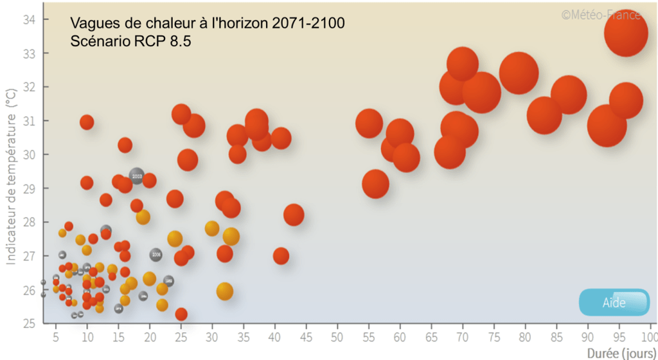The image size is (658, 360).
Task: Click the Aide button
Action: (x=614, y=303)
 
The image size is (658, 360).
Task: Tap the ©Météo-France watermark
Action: (x=601, y=15)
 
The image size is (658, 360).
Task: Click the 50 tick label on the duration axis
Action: (x=337, y=337)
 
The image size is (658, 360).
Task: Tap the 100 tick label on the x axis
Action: (x=648, y=337)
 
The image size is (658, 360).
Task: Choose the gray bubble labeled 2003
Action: (x=136, y=175)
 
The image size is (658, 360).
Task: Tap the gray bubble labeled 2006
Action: (x=156, y=255)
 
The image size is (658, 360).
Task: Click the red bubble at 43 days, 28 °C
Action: (x=293, y=215)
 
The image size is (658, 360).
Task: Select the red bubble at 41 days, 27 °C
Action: (x=281, y=256)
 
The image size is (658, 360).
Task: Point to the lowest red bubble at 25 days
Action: (x=181, y=314)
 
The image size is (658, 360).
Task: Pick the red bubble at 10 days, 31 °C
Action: (x=87, y=122)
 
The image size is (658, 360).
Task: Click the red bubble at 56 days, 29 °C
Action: (x=376, y=184)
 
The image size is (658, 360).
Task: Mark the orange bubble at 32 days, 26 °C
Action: (x=224, y=291)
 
